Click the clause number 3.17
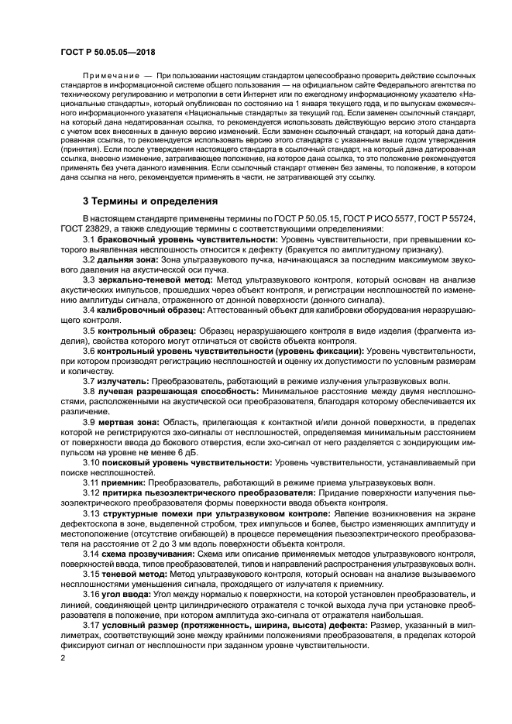coord(92,622)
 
